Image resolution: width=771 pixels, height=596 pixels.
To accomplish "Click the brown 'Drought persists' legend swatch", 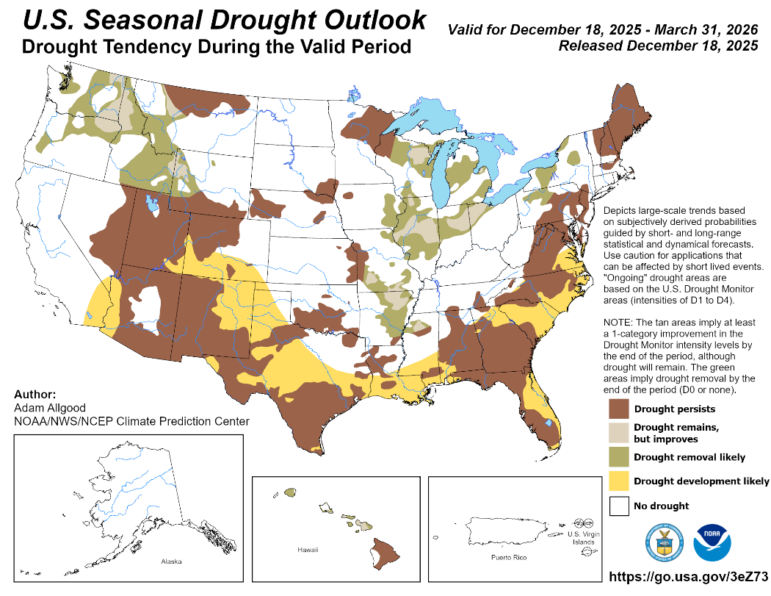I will pos(619,409).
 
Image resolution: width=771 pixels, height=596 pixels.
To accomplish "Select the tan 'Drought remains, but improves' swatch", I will pos(619,433).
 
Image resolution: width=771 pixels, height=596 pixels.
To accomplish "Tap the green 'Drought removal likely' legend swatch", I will pos(619,457).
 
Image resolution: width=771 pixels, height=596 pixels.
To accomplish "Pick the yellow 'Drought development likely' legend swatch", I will pos(619,481).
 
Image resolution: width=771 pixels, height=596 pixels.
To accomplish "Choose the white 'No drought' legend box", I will pos(619,506).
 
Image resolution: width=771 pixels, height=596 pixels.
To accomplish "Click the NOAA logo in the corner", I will pos(712,545).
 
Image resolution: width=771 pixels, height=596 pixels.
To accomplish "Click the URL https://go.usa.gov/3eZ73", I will pos(689,578).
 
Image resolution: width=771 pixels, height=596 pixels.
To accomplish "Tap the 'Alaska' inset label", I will pos(171,562).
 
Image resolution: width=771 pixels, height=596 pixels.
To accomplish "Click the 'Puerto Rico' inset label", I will pos(510,559).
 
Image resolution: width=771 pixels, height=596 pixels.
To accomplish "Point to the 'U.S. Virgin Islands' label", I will pos(584,538).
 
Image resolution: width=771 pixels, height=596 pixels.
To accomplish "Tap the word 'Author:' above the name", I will pos(35,394).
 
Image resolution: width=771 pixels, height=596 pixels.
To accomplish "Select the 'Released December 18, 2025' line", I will pos(658,46).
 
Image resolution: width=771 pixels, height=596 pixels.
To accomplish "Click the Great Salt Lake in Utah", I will pos(152,203).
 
